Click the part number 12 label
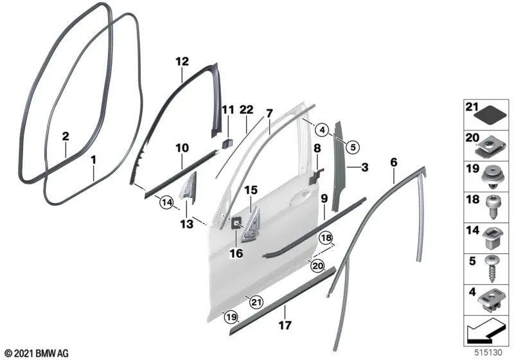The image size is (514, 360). [x=182, y=62]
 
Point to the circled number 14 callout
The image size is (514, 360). [x=167, y=203]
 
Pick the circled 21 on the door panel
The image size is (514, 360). [x=256, y=301]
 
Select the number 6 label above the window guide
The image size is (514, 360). [x=394, y=163]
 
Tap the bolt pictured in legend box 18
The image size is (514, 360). [x=492, y=206]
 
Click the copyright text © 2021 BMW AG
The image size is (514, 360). [x=36, y=353]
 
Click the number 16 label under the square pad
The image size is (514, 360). [x=236, y=254]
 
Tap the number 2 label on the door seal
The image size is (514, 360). [x=65, y=136]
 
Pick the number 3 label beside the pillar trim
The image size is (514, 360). [x=364, y=168]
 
